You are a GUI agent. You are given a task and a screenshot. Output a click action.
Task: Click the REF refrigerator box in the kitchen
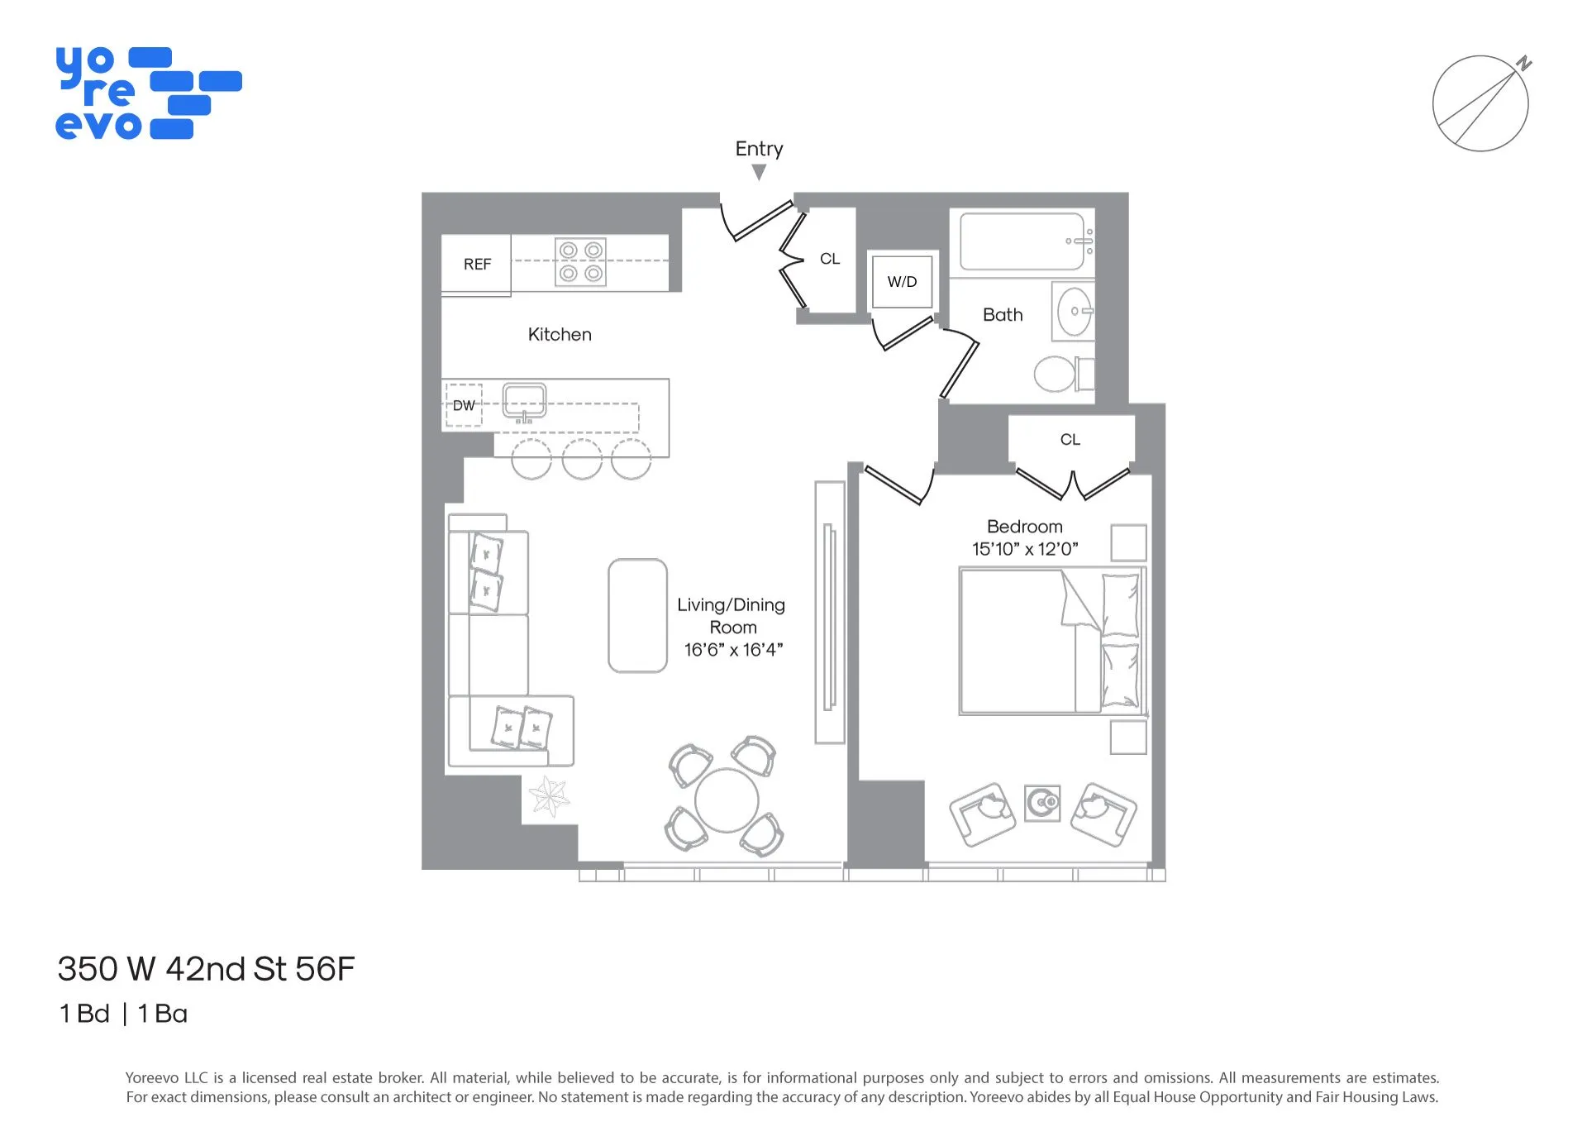476,265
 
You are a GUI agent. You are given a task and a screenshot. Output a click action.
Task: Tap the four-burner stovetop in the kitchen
580,262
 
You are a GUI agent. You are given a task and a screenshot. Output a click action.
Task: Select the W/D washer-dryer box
902,282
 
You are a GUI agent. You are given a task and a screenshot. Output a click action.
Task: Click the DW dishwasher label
464,406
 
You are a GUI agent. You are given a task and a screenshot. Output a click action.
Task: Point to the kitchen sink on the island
524,401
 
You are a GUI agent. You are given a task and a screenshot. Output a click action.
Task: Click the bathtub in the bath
1022,241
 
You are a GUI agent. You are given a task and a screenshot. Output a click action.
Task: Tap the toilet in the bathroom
1058,374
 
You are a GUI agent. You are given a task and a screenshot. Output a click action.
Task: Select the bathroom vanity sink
1074,312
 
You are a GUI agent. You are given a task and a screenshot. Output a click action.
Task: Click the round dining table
726,800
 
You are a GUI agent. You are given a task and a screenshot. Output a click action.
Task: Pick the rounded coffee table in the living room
637,615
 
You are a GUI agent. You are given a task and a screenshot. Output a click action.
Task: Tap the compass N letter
1524,63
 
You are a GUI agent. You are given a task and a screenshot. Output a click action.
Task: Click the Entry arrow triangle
759,172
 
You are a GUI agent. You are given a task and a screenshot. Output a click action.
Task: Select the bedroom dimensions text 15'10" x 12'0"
1025,549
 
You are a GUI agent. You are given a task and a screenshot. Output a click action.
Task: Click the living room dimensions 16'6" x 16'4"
733,650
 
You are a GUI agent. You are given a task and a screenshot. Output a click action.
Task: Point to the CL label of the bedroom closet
1070,440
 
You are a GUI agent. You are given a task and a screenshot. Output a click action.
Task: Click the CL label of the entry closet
829,259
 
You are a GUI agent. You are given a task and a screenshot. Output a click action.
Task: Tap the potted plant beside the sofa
549,797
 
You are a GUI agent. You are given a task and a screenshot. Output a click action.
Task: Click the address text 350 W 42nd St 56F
206,969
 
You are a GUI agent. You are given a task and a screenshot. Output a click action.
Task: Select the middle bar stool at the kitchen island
582,461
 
